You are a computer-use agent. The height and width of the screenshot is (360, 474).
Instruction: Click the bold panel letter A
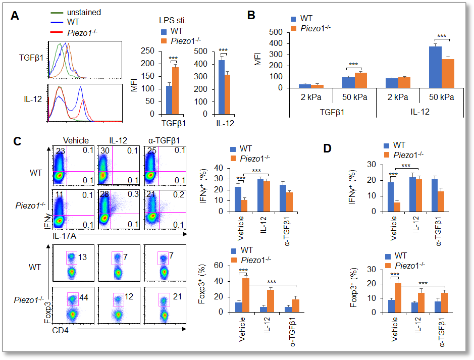[15, 16]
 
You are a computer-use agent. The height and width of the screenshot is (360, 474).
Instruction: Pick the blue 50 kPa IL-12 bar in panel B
[432, 67]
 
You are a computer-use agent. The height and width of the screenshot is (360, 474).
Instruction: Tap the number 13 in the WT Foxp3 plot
[82, 258]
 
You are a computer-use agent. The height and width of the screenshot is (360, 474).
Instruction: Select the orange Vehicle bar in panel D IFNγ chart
[397, 207]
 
